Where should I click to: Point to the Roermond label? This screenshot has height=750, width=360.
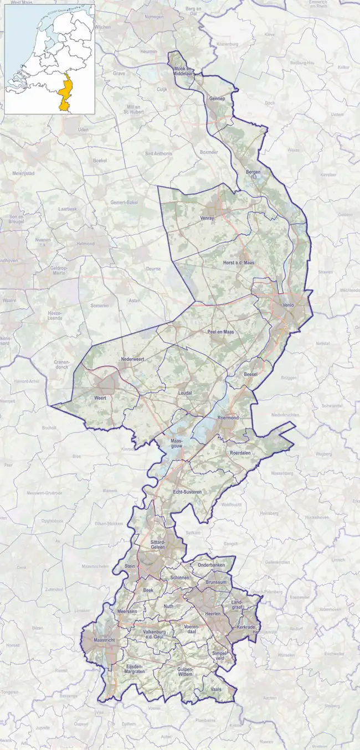tap(228, 418)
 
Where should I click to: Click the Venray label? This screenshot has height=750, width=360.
tap(207, 219)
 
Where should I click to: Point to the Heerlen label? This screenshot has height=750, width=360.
tap(214, 614)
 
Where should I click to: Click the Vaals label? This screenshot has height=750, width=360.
tap(217, 689)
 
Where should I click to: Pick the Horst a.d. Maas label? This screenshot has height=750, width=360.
tap(238, 262)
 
